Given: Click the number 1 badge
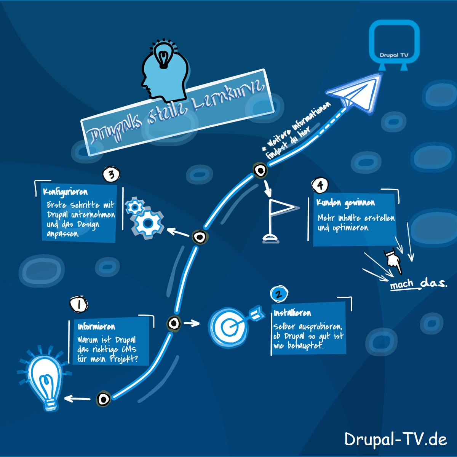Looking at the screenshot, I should (x=79, y=304).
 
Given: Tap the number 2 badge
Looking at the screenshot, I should (x=279, y=294).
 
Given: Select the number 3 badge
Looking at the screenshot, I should (x=111, y=175).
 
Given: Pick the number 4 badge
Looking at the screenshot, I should (x=320, y=185).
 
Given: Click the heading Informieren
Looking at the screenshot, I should (x=96, y=327).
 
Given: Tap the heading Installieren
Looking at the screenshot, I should (x=292, y=313).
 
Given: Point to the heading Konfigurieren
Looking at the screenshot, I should (x=65, y=192).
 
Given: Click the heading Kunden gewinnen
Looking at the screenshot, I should (x=345, y=203).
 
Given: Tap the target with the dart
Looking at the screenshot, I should (x=231, y=326).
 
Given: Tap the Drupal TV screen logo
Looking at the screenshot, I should (x=394, y=44).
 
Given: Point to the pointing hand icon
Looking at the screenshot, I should (x=393, y=261).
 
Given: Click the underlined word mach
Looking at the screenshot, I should (x=402, y=284).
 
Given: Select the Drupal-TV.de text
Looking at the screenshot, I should (x=395, y=439).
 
